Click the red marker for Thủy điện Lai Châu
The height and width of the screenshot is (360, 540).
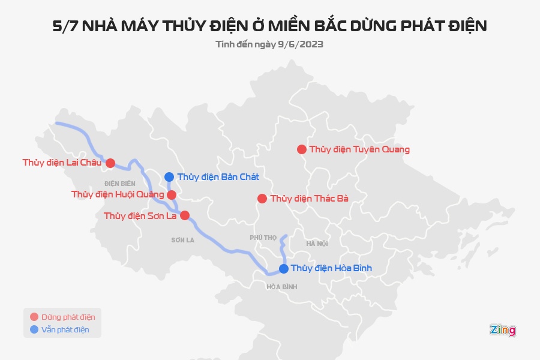(110, 163)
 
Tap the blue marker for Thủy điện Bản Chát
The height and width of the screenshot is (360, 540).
(169, 177)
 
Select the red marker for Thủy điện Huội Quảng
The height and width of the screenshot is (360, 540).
(172, 195)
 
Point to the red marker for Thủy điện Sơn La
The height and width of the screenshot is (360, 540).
(185, 215)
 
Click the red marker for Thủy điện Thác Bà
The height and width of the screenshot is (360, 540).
(262, 199)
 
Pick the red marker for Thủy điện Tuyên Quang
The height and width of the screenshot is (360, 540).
(301, 149)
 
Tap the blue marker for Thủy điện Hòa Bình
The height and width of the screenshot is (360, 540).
(283, 268)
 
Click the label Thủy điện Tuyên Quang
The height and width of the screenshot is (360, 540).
(359, 149)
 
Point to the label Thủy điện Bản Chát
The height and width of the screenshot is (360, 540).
(218, 177)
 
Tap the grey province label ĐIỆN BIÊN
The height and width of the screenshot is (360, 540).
(119, 183)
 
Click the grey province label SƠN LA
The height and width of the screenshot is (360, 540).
(182, 240)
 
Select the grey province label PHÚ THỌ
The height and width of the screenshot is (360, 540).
(263, 238)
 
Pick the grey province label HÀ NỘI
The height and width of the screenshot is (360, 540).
(317, 244)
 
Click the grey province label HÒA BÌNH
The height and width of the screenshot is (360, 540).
(282, 287)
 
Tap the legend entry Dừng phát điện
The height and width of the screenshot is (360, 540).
(68, 317)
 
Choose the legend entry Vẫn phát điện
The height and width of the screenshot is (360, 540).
(65, 329)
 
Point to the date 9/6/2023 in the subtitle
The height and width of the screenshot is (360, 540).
(301, 44)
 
